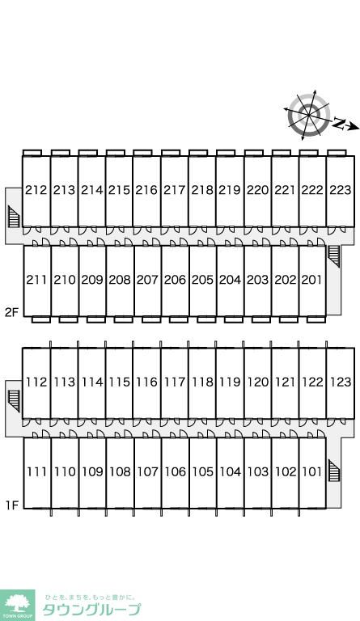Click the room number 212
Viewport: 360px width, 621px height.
click(36, 190)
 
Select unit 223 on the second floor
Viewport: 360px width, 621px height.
click(341, 190)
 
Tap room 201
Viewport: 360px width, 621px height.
click(311, 280)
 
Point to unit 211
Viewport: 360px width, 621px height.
click(36, 280)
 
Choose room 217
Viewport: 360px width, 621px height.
click(175, 190)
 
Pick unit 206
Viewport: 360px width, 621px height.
click(175, 280)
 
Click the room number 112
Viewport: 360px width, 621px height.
click(36, 382)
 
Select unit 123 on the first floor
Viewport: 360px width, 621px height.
click(341, 382)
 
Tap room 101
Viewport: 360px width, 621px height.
click(312, 471)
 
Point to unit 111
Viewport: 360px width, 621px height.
click(37, 471)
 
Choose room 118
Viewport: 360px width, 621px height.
click(203, 382)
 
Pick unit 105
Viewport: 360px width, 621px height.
click(203, 471)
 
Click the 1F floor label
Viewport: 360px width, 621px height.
click(12, 505)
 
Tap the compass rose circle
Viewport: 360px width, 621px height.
click(309, 115)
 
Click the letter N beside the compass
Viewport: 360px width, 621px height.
click(338, 124)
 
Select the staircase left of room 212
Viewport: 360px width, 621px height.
click(14, 216)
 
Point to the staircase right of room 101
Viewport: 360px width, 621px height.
click(334, 470)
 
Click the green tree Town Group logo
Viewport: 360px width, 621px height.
click(18, 605)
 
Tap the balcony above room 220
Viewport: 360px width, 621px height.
click(254, 153)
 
